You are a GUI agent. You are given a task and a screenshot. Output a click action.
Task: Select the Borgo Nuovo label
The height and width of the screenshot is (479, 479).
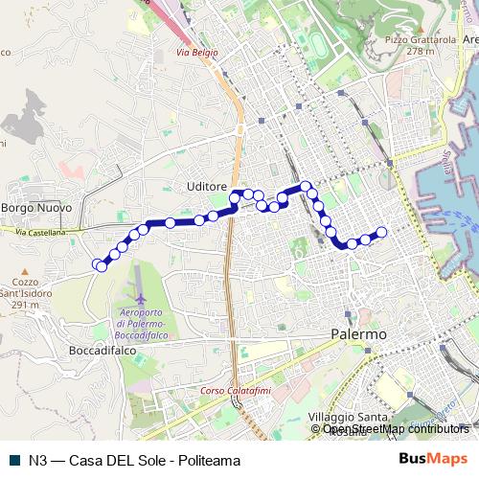click(32, 207)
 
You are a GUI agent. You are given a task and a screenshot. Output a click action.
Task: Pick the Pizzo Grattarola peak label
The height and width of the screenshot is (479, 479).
click(419, 40)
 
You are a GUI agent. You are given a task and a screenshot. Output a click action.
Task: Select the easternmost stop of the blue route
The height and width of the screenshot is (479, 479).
click(381, 232)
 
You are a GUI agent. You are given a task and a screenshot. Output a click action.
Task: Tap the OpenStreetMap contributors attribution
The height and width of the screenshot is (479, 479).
click(397, 429)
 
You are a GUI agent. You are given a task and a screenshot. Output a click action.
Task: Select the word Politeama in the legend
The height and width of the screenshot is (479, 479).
click(207, 460)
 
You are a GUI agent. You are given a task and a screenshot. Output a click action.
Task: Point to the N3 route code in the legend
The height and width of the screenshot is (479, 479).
click(38, 460)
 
